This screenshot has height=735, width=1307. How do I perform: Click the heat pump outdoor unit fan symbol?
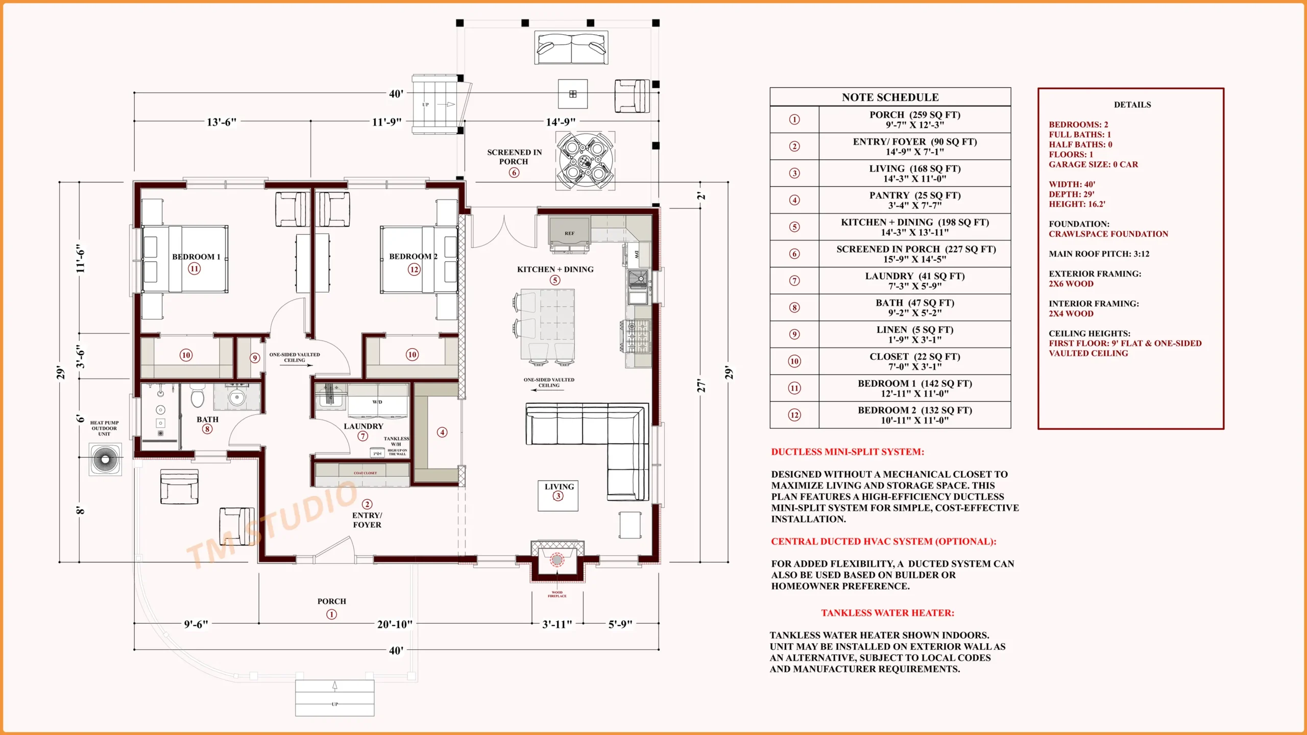tap(105, 459)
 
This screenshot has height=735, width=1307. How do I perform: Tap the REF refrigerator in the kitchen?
tap(569, 231)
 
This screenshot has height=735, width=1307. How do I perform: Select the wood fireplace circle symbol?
tap(557, 560)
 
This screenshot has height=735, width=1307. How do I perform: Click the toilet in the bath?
tap(198, 397)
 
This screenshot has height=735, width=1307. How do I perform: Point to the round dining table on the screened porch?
tap(585, 161)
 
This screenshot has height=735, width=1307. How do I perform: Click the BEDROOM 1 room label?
tap(196, 257)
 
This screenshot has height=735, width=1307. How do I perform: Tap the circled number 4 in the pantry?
tap(442, 432)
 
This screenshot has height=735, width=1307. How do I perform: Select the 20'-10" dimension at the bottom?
tap(395, 624)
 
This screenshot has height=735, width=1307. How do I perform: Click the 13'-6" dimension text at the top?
tap(221, 122)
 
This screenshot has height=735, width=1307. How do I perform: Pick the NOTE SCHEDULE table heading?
tap(890, 97)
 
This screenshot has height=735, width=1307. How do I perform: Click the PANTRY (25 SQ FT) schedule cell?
tap(914, 200)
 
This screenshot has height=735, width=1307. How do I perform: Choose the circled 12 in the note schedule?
tap(794, 415)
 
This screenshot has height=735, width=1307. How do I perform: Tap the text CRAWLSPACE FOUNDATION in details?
tap(1108, 234)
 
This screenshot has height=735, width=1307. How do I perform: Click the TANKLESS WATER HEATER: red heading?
tap(887, 613)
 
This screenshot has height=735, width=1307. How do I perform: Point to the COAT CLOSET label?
tap(365, 473)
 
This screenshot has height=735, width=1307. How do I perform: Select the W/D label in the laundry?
tap(377, 402)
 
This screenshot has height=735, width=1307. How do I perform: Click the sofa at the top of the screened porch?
tap(571, 48)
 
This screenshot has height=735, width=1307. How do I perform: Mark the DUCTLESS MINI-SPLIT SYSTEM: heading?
tap(847, 452)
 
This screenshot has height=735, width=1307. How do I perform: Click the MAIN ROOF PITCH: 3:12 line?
tap(1099, 254)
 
